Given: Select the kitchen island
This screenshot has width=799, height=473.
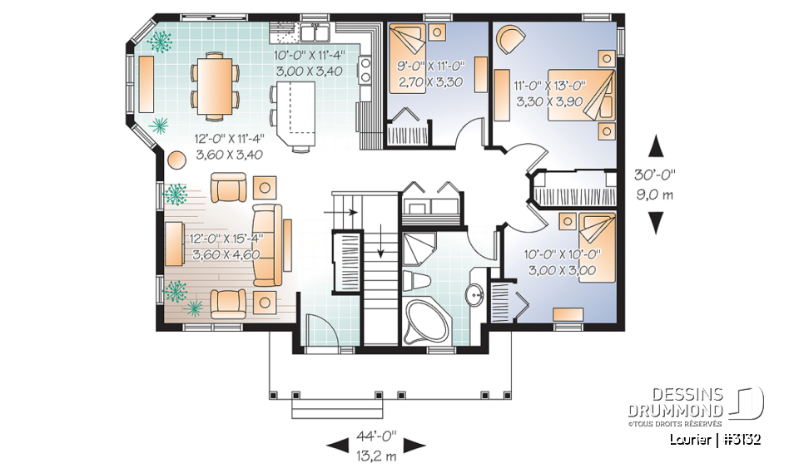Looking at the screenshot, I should [x=297, y=111].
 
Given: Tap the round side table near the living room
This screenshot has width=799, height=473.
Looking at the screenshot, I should [x=177, y=159].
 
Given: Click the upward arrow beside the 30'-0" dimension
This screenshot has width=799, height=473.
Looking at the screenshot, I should [x=656, y=146].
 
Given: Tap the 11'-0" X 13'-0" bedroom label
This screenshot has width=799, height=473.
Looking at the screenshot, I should [x=550, y=93].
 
